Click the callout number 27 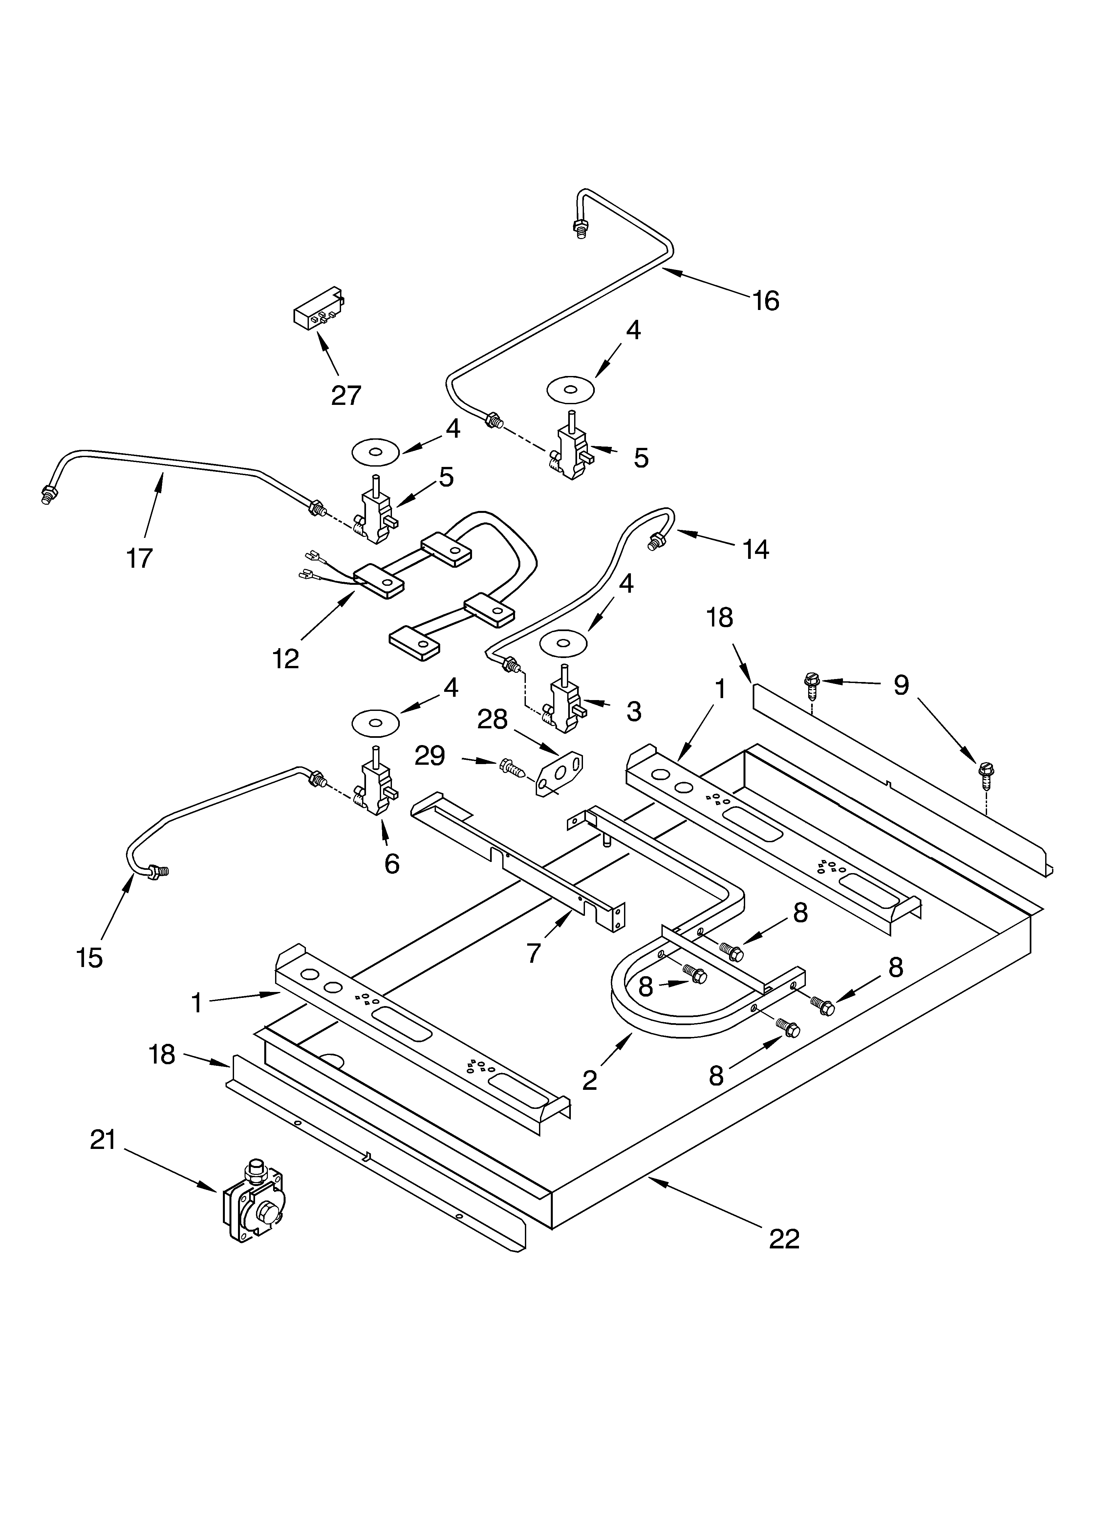346,396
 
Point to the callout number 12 286,659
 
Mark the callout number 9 901,685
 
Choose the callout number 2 589,1080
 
